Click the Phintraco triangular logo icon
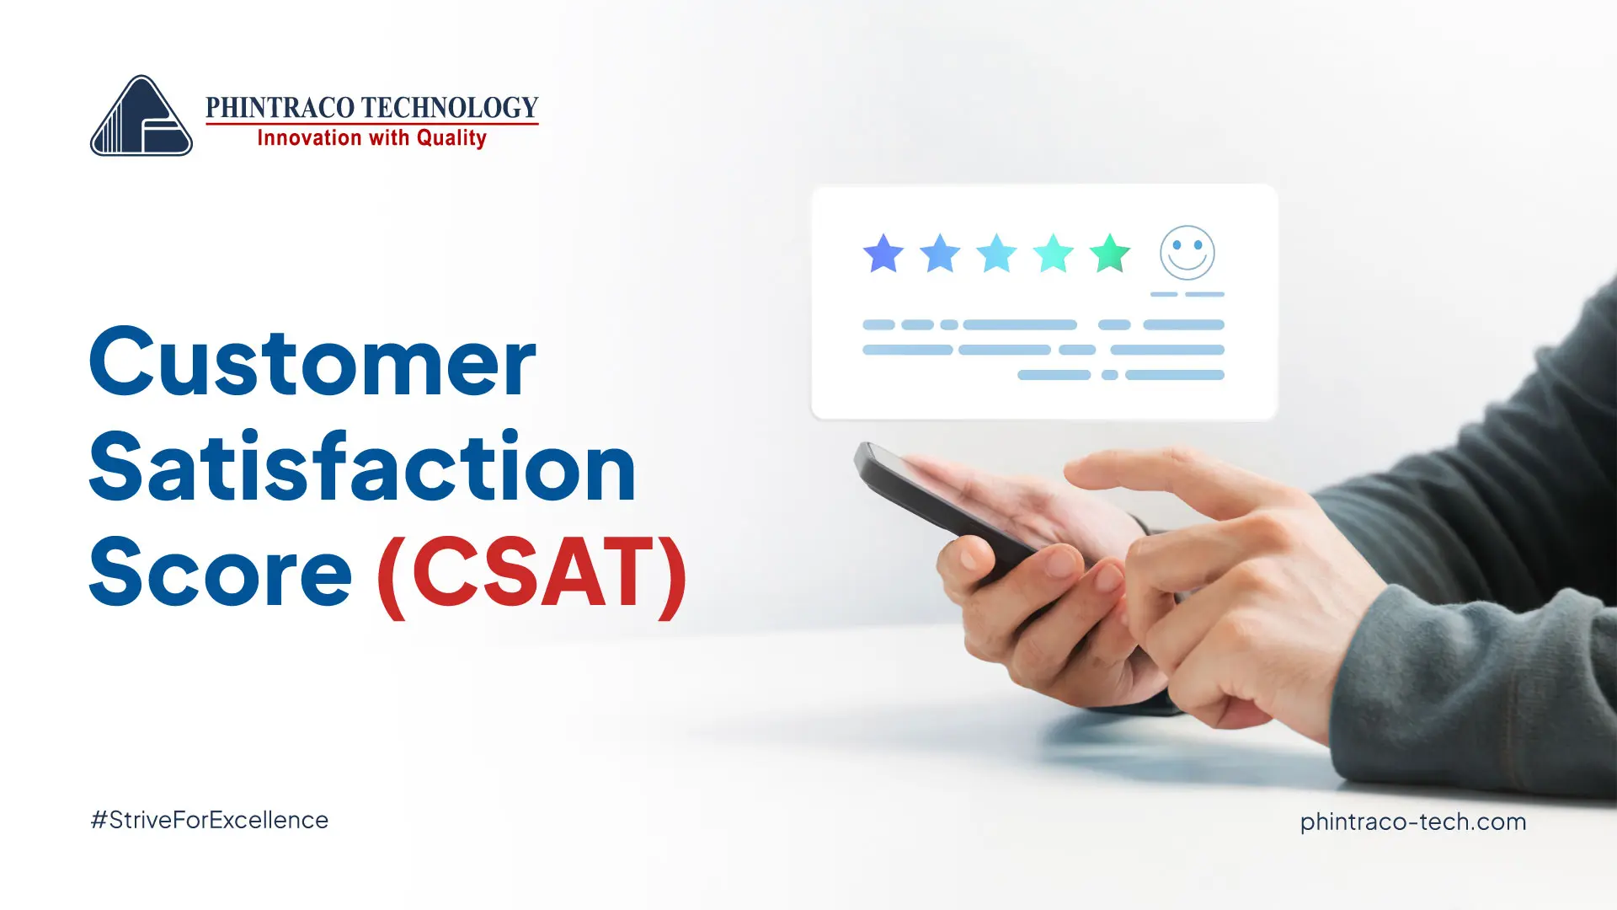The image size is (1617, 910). [x=141, y=115]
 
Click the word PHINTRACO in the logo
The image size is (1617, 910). [x=280, y=107]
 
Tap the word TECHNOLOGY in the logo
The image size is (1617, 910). [x=451, y=107]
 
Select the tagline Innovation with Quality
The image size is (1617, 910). [x=371, y=138]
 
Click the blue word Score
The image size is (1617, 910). [x=221, y=572]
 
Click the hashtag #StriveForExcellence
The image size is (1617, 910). [x=210, y=820]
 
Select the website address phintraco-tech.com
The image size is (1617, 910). [x=1413, y=822]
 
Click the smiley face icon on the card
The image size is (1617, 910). [x=1187, y=253]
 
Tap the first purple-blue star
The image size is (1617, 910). [x=883, y=253]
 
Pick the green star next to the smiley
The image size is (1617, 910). [x=1110, y=253]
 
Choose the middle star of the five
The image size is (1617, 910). [x=997, y=253]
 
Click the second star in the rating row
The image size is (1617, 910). [x=940, y=253]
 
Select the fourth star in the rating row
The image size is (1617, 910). [x=1054, y=253]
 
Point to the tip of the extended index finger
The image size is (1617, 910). [x=1071, y=472]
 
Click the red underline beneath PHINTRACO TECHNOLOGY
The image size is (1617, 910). [x=371, y=124]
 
